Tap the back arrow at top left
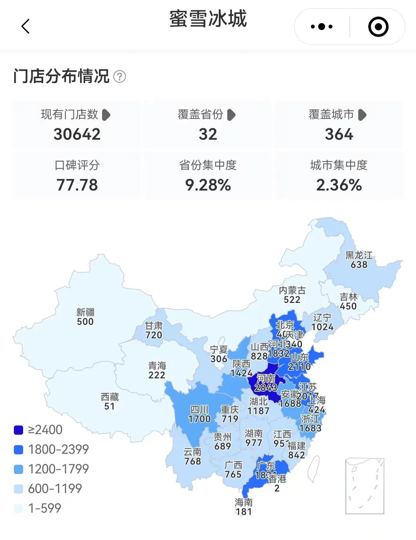[x=25, y=27]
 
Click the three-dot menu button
[x=322, y=27]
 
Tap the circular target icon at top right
[x=378, y=27]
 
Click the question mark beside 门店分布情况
[x=119, y=77]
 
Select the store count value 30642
[x=77, y=134]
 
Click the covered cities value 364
[x=339, y=134]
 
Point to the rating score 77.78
[x=77, y=185]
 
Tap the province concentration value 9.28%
[x=208, y=185]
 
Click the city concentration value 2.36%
[x=339, y=185]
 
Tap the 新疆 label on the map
[x=85, y=312]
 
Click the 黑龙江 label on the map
[x=359, y=255]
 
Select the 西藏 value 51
[x=109, y=406]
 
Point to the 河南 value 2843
[x=266, y=388]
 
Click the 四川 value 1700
[x=199, y=419]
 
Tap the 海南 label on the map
[x=243, y=502]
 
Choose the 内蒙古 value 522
[x=292, y=299]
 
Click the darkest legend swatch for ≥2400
[x=18, y=430]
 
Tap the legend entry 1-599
[x=45, y=508]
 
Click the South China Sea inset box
[x=365, y=486]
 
